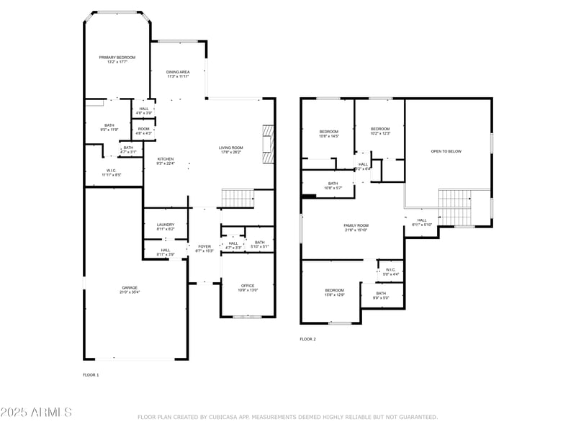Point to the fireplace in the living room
pyautogui.click(x=269, y=144)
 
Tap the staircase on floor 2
pyautogui.click(x=454, y=207)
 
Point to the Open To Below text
pyautogui.click(x=446, y=151)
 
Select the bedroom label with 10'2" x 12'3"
pyautogui.click(x=379, y=131)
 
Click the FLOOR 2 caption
pyautogui.click(x=307, y=339)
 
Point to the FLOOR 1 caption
pyautogui.click(x=91, y=374)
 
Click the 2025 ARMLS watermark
pyautogui.click(x=36, y=413)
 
